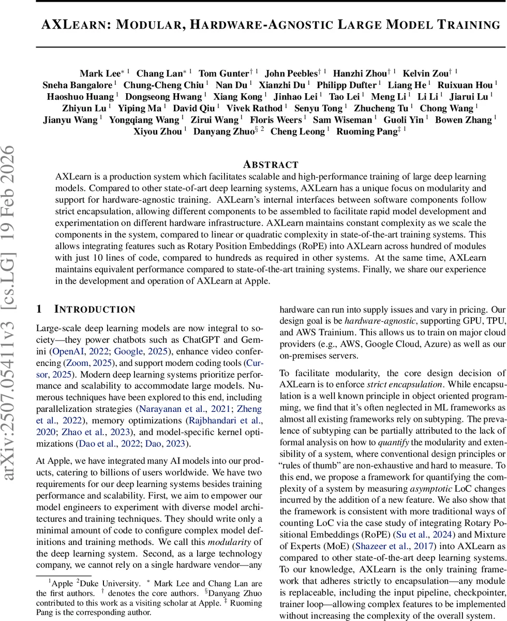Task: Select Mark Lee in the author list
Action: (100, 73)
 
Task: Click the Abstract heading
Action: (271, 165)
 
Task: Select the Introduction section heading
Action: (94, 309)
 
